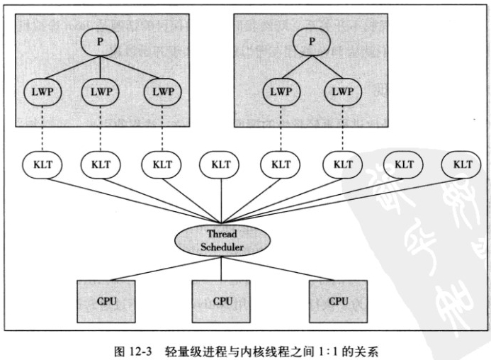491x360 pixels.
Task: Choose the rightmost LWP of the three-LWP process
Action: tap(160, 91)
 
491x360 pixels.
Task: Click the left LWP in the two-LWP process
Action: tap(281, 91)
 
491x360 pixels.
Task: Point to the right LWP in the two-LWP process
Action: tap(342, 91)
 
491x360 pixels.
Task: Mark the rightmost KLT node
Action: tap(463, 164)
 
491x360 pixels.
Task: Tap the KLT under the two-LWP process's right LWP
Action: tap(342, 164)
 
